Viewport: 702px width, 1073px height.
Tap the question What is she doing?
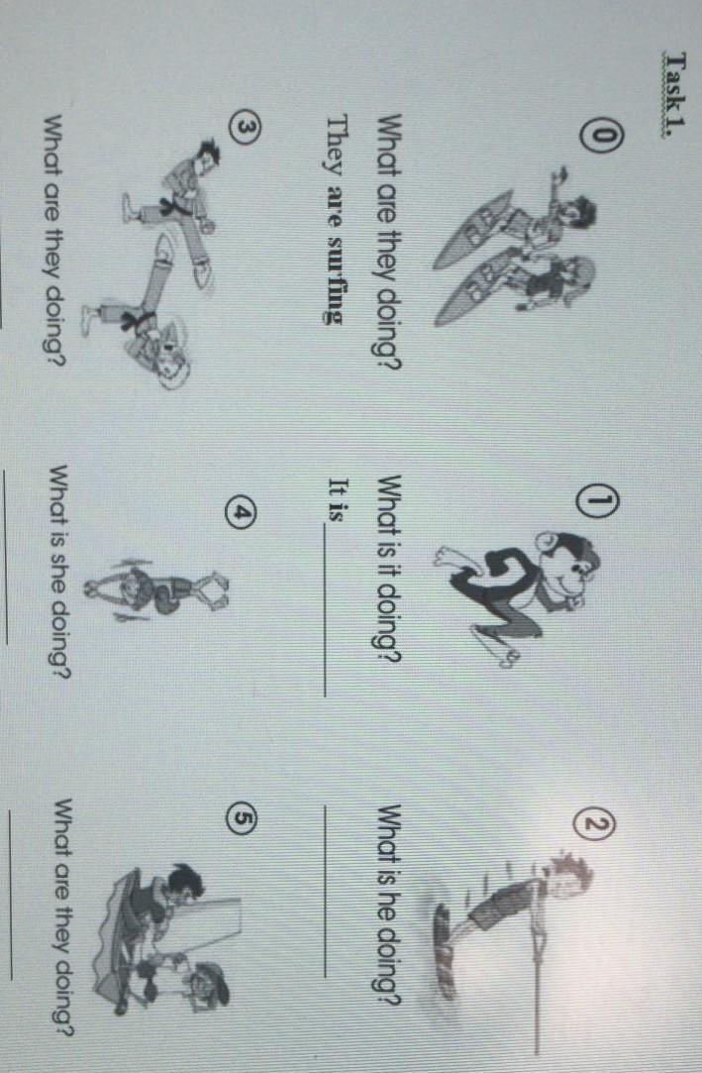[61, 573]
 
